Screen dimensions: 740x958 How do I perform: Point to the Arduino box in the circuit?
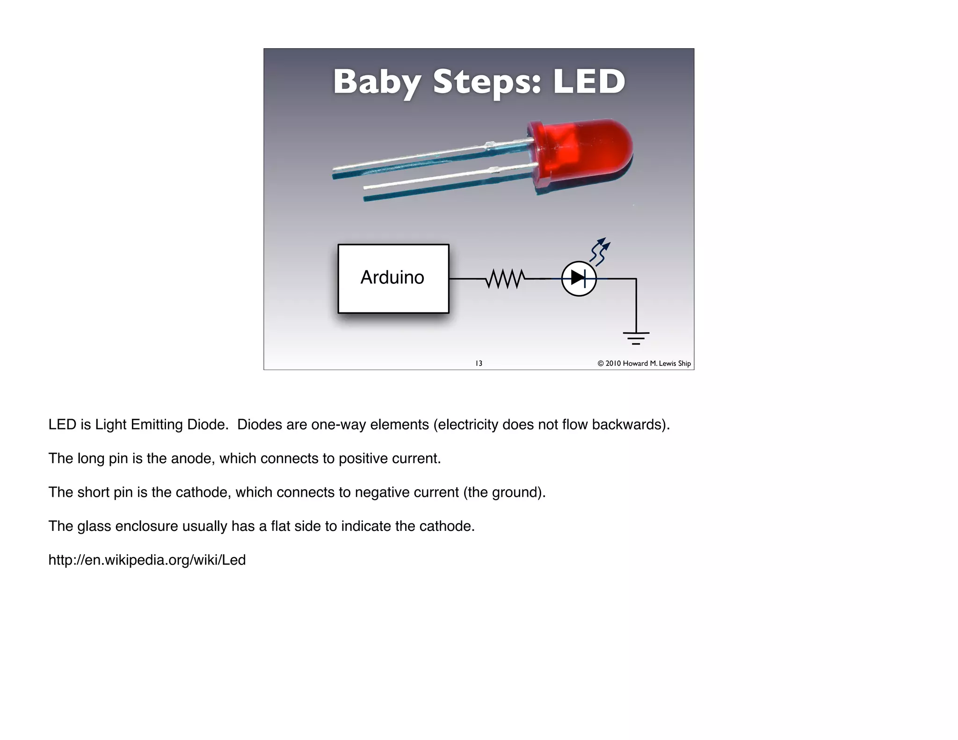click(393, 278)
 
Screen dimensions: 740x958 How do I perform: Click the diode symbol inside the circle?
click(579, 278)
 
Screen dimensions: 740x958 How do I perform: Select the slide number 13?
click(479, 363)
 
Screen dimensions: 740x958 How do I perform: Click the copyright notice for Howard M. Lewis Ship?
click(644, 363)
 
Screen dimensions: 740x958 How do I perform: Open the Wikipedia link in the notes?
click(147, 560)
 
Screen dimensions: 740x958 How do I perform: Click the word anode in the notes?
click(193, 458)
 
